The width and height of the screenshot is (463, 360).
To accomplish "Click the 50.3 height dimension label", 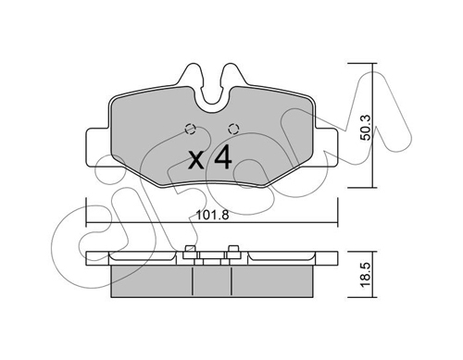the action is coord(367,127).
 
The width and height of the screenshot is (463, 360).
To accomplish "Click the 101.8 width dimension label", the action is coord(213,216).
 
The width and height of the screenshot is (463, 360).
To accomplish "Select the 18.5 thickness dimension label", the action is coord(367,274).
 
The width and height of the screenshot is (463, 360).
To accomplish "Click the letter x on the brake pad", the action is coord(196,160).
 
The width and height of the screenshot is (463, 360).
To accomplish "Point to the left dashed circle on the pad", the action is coord(190,129).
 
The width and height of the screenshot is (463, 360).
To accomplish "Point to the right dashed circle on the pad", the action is coord(233,129).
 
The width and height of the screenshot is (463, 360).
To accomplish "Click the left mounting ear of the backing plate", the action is coord(98,147).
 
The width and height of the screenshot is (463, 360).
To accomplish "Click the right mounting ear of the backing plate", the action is coord(326,147).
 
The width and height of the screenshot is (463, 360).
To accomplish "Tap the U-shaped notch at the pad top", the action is coord(212,100).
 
